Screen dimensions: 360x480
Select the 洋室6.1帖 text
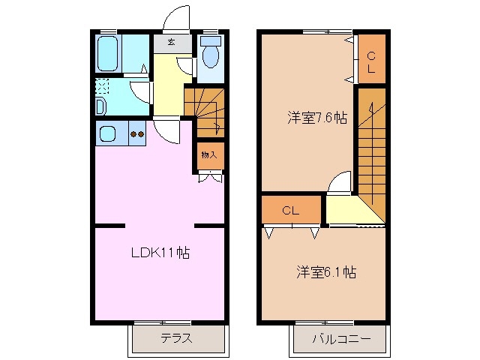325,272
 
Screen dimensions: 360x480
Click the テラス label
176,338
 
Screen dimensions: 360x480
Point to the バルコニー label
341,338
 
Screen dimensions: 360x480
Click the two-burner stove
136,134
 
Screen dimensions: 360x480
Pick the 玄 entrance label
172,43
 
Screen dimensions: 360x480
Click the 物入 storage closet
209,155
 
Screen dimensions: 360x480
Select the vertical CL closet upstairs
370,59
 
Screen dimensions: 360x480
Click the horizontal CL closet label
291,211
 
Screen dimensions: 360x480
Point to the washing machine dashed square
103,86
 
